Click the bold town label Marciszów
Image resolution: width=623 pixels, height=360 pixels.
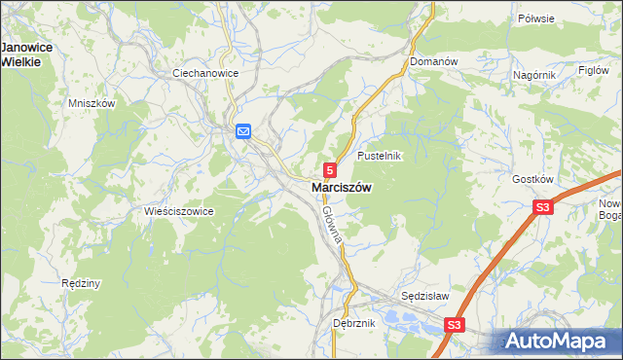pos(341,188)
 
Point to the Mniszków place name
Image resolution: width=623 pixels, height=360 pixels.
pos(92,103)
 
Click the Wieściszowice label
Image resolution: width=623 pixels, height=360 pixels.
pos(178,211)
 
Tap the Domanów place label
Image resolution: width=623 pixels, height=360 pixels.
pos(433,61)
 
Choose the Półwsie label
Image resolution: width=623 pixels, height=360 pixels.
pos(535,18)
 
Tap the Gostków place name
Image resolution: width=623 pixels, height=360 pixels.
pos(532,180)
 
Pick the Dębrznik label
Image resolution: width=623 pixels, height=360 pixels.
pos(354,322)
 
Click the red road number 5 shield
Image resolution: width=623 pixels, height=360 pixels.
pos(332,169)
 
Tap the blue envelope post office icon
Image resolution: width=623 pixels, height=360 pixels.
pos(243,131)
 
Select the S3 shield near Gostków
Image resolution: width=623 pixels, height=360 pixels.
pos(543,207)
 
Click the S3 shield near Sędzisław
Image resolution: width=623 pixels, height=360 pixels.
pos(454,325)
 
